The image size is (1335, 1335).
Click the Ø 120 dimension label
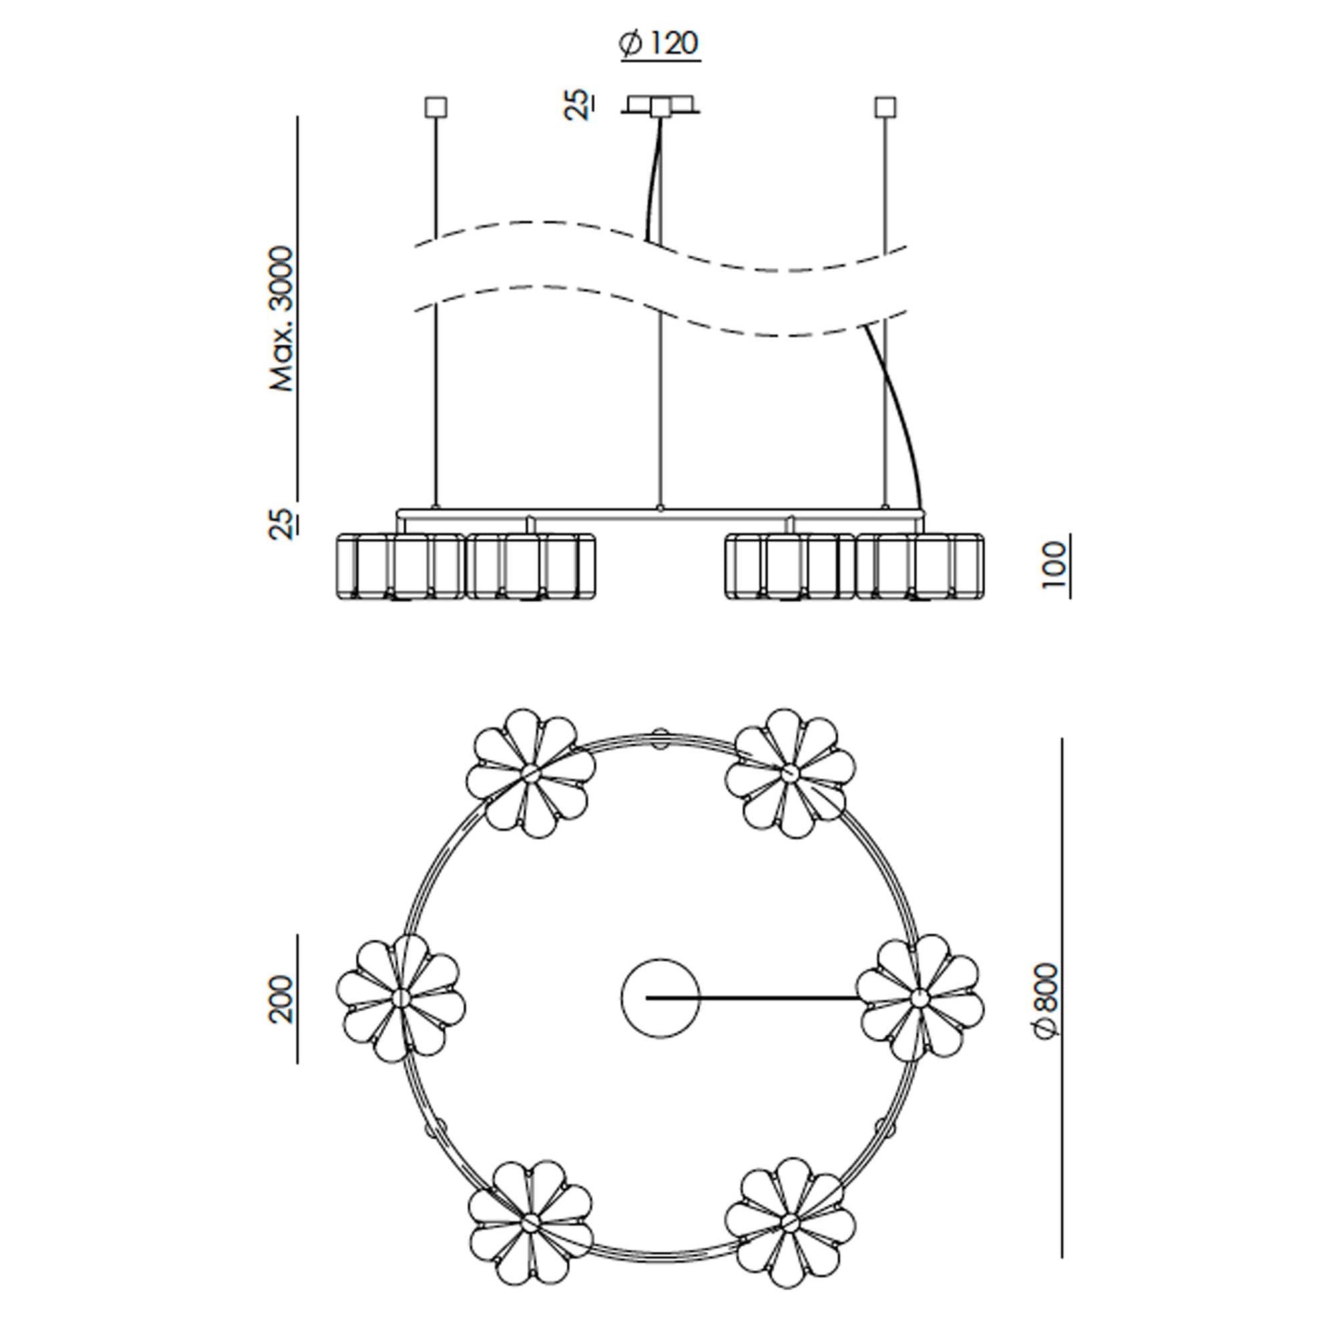(659, 43)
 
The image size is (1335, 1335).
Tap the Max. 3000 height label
(282, 318)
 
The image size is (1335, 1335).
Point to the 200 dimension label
(281, 999)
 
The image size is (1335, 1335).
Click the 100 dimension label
(1053, 565)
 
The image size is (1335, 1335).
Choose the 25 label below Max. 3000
(281, 524)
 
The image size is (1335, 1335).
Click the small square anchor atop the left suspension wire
(435, 107)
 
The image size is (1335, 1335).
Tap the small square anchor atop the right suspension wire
(885, 107)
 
